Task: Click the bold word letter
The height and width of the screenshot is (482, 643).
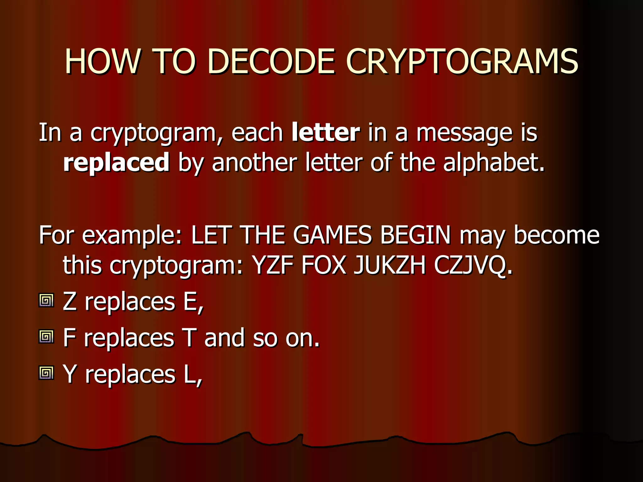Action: pyautogui.click(x=326, y=132)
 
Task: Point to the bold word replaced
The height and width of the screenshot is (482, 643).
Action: pyautogui.click(x=116, y=162)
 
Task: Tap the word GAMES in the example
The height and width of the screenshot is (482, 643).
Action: pyautogui.click(x=332, y=235)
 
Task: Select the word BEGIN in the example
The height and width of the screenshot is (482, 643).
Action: pyautogui.click(x=415, y=235)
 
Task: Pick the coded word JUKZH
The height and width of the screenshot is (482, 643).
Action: pyautogui.click(x=390, y=265)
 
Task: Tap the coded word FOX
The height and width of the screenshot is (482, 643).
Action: pyautogui.click(x=324, y=265)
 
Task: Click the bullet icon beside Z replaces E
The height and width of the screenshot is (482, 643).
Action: pyautogui.click(x=46, y=301)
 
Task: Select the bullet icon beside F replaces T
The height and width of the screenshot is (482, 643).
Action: pyautogui.click(x=46, y=337)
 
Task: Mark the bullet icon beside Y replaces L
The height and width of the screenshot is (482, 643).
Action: pyautogui.click(x=46, y=373)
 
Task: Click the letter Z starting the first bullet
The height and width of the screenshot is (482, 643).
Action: pyautogui.click(x=70, y=301)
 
